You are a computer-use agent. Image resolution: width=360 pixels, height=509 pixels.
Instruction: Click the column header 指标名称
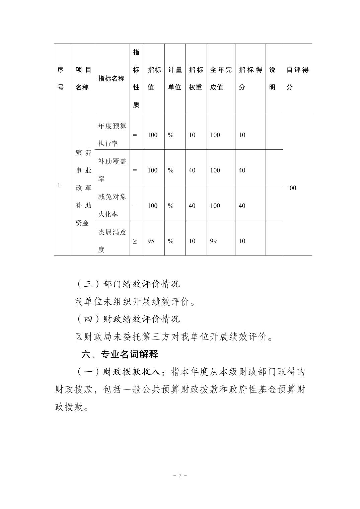pos(112,79)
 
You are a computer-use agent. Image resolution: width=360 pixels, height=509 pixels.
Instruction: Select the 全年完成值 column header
pos(221,79)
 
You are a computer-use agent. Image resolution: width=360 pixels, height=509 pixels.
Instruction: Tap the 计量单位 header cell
pos(174,79)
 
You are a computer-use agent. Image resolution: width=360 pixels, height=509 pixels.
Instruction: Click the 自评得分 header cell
pos(297,79)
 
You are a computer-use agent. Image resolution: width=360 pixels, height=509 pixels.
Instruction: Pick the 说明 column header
pos(272,79)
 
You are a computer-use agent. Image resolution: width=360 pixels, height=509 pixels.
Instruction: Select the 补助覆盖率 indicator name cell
pos(112,170)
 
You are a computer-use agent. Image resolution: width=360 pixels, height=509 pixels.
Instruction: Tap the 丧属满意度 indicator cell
pos(112,241)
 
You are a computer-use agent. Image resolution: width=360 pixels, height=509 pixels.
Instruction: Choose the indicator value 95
pos(151,241)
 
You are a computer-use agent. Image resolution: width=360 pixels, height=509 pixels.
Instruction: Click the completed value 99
pos(213,241)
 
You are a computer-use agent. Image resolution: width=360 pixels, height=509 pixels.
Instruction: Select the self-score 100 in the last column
pos(291,188)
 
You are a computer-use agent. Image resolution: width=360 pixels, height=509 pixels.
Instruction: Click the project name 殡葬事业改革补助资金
pos(83,188)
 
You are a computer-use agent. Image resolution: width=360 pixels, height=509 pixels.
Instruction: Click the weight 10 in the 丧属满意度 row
pos(192,241)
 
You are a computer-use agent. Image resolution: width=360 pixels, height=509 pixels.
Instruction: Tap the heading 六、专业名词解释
pos(120,354)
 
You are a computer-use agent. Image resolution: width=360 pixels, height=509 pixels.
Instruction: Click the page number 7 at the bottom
pos(180,476)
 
